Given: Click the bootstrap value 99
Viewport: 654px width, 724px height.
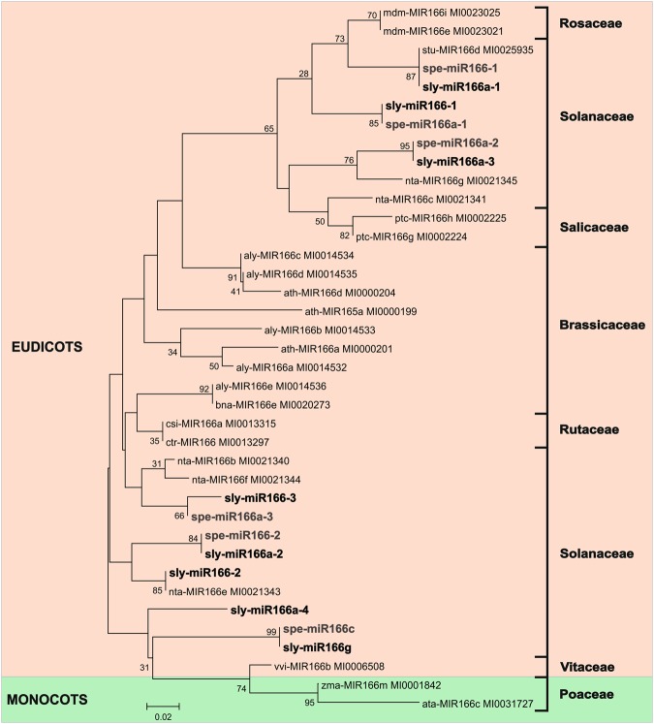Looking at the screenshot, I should tap(270, 633).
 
